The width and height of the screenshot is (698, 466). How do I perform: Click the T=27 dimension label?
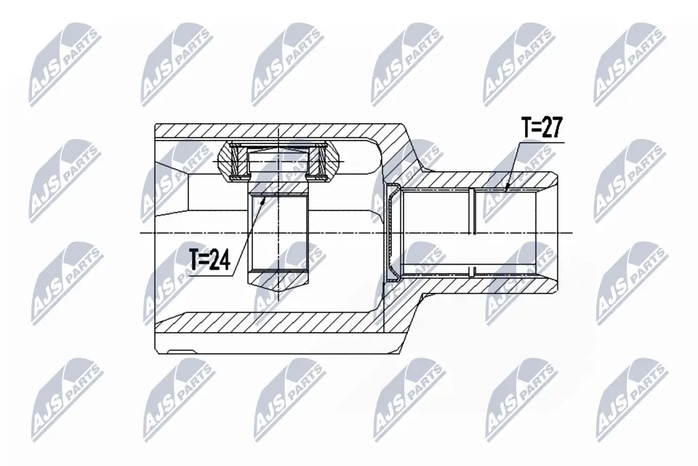point(542,128)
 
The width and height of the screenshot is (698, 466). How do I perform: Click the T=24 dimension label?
point(209,260)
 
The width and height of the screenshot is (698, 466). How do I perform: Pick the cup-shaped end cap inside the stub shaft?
point(393,232)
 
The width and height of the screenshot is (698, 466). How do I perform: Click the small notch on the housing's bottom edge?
point(181,352)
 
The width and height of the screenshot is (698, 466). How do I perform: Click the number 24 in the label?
point(220,260)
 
